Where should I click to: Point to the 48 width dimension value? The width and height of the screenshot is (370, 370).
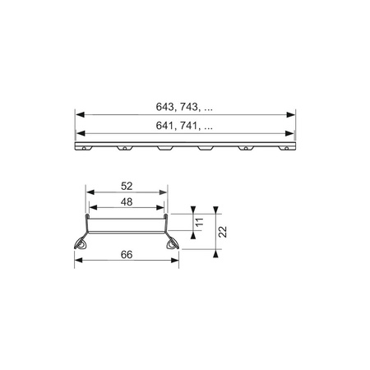(125, 201)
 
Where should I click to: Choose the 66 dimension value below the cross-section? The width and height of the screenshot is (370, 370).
(126, 256)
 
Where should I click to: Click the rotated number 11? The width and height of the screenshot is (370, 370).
(198, 222)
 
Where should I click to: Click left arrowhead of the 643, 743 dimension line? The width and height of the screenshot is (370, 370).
(78, 114)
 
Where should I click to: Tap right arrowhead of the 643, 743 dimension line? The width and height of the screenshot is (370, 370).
(293, 114)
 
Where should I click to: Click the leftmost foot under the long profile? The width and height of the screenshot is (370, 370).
(82, 150)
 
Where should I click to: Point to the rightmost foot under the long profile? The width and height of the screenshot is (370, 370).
(285, 150)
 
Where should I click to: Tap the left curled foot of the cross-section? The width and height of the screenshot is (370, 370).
(82, 244)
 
